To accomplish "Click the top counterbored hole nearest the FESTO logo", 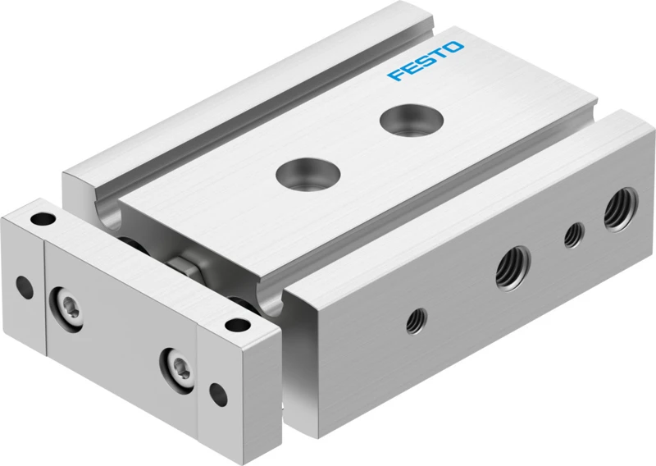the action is tap(412, 121).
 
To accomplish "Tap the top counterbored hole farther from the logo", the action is tap(308, 173).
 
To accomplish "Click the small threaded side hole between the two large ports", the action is tap(574, 235).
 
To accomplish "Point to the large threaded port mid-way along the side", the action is tap(513, 268).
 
